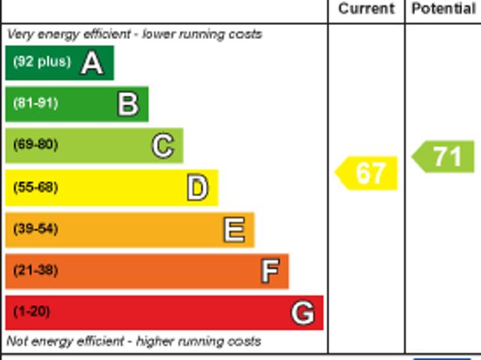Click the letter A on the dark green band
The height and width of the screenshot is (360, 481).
click(x=92, y=62)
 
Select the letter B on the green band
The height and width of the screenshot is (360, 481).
click(x=128, y=104)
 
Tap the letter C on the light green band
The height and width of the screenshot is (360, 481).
click(x=162, y=146)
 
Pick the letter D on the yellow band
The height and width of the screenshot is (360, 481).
click(x=198, y=188)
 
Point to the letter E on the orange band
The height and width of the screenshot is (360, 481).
click(x=234, y=229)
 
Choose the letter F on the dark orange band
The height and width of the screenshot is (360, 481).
click(x=270, y=271)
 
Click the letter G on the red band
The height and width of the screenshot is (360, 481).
click(x=303, y=312)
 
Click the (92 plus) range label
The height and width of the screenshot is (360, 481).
click(x=41, y=62)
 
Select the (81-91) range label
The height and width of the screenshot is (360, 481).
click(x=35, y=103)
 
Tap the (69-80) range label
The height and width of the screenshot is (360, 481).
click(x=35, y=144)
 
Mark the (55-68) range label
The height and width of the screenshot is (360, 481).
click(x=35, y=186)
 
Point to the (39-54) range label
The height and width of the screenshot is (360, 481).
click(x=35, y=228)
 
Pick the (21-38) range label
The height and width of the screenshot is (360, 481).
click(x=35, y=269)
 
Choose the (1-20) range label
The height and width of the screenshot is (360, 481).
click(x=32, y=310)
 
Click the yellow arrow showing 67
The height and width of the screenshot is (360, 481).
click(x=368, y=173)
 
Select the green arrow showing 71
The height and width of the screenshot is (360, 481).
click(x=445, y=156)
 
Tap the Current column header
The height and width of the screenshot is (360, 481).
click(x=366, y=9)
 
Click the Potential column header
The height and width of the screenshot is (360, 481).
click(x=443, y=9)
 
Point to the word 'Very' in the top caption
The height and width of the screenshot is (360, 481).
click(x=20, y=34)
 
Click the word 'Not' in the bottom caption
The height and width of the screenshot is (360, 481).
click(x=18, y=341)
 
